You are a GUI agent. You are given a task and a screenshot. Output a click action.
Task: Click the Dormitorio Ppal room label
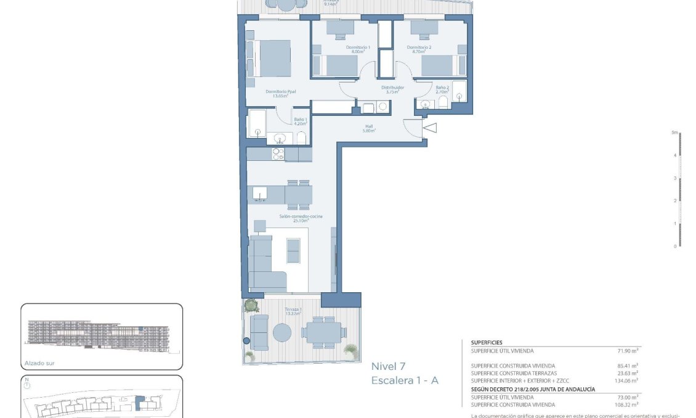click(281, 92)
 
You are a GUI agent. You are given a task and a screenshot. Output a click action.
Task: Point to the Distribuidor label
click(392, 89)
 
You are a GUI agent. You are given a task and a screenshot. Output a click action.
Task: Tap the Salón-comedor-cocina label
click(301, 217)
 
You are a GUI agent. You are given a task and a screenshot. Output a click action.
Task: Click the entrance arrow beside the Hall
click(430, 128)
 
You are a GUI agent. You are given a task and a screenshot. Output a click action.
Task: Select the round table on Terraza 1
click(283, 333)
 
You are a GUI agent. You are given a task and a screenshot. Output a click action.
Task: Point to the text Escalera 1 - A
click(405, 381)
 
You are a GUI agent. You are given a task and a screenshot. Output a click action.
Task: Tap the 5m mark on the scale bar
click(675, 133)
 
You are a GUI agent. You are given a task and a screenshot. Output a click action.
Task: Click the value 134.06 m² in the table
click(625, 381)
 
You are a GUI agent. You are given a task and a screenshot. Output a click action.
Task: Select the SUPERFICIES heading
click(487, 342)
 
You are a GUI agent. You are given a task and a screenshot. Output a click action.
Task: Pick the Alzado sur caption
click(40, 363)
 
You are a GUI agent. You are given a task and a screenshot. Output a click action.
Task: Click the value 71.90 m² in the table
click(628, 350)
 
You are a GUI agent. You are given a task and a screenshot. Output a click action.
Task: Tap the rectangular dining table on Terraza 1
click(321, 332)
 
